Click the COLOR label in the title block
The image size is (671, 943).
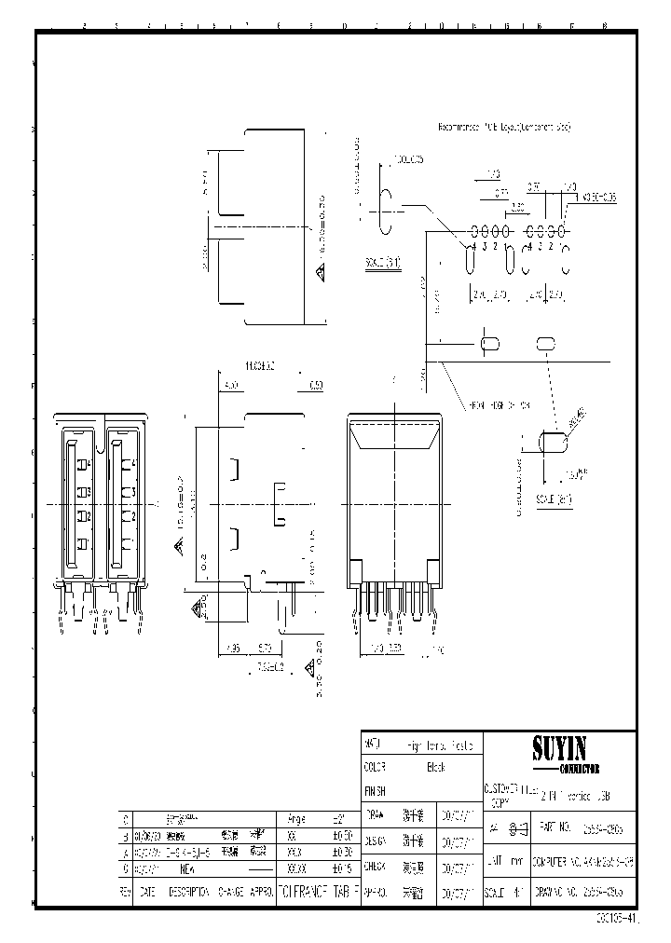pyautogui.click(x=375, y=768)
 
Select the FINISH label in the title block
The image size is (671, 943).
pyautogui.click(x=375, y=789)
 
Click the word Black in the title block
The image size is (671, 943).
pyautogui.click(x=435, y=768)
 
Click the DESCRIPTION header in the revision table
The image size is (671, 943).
pyautogui.click(x=189, y=891)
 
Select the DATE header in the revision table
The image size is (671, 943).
pyautogui.click(x=147, y=891)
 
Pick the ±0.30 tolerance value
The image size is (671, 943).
pyautogui.click(x=341, y=852)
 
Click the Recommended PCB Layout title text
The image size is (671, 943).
pyautogui.click(x=504, y=125)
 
